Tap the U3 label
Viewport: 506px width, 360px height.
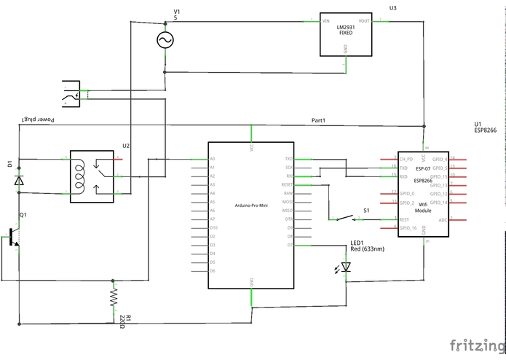[x=393, y=8]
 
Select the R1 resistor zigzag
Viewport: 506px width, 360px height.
[x=113, y=297]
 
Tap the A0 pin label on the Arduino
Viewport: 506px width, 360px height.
[x=213, y=159]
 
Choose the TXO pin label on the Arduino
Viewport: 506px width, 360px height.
[x=288, y=159]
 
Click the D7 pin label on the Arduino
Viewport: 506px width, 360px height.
[x=289, y=245]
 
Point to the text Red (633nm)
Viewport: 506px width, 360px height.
[x=367, y=249]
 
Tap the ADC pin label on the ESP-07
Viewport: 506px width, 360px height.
[x=443, y=219]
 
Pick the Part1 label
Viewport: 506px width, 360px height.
[x=319, y=120]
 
